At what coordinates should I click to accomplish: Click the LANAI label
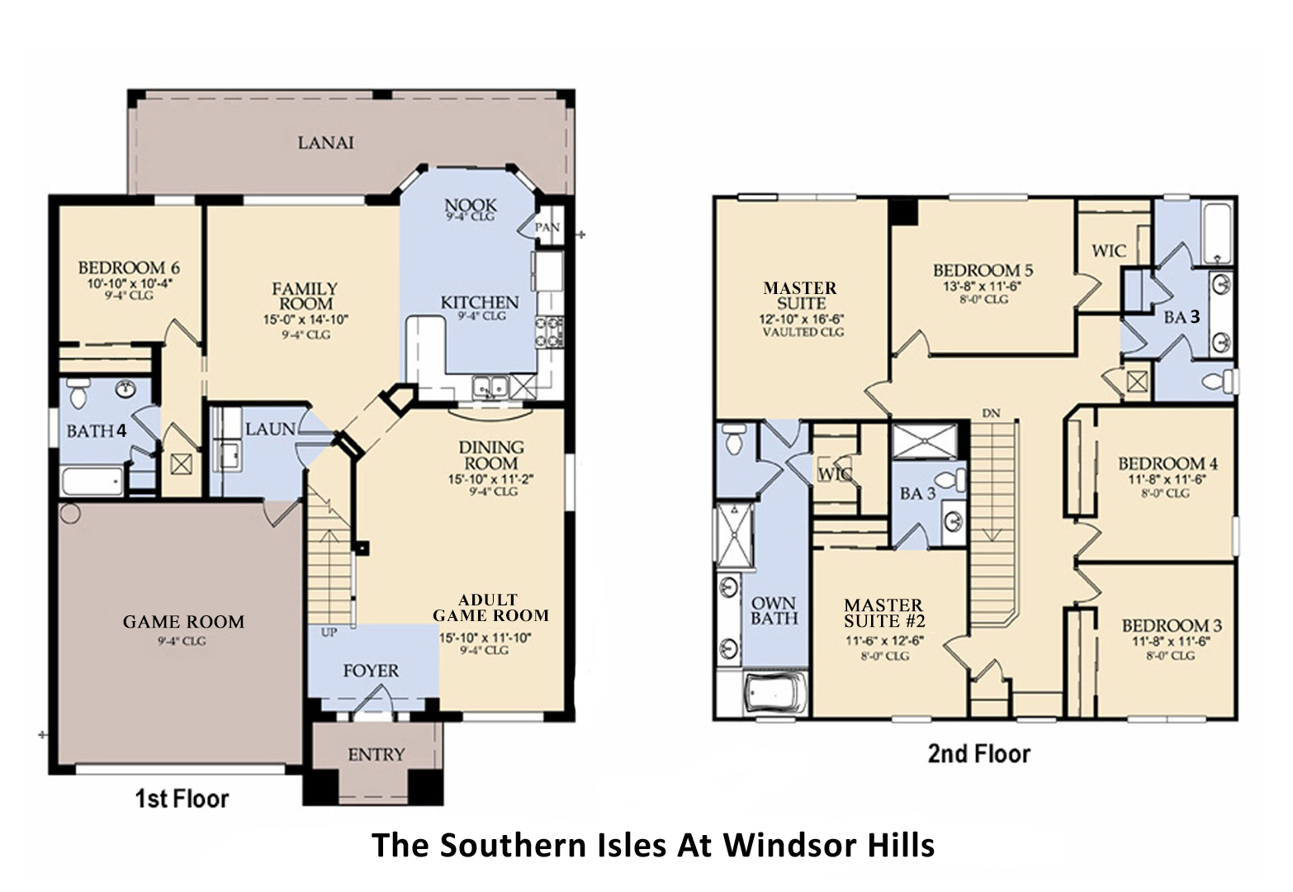pyautogui.click(x=325, y=143)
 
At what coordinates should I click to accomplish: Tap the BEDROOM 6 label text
pyautogui.click(x=129, y=268)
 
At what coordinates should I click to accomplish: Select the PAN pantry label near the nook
pyautogui.click(x=547, y=227)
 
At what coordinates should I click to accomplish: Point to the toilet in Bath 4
pyautogui.click(x=78, y=394)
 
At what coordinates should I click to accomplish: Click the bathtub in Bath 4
pyautogui.click(x=92, y=482)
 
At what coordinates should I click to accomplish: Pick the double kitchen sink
pyautogui.click(x=490, y=387)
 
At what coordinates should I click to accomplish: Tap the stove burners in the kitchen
pyautogui.click(x=550, y=330)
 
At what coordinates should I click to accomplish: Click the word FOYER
pyautogui.click(x=371, y=671)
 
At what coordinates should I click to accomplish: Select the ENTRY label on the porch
pyautogui.click(x=377, y=755)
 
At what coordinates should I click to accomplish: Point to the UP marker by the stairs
pyautogui.click(x=329, y=633)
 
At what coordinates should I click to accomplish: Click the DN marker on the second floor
pyautogui.click(x=991, y=412)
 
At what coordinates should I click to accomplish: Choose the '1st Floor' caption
pyautogui.click(x=182, y=799)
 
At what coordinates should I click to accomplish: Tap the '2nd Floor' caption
pyautogui.click(x=978, y=754)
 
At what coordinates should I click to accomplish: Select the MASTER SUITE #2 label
pyautogui.click(x=883, y=614)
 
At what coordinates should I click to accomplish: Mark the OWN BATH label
pyautogui.click(x=774, y=610)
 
